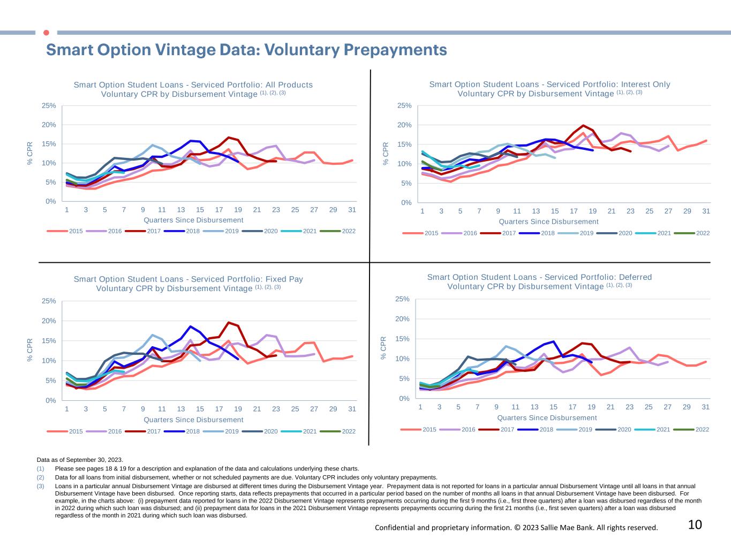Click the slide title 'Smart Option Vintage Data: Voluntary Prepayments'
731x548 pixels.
(x=246, y=50)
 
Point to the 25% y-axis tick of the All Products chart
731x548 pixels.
(x=49, y=105)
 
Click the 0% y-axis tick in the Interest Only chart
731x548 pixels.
(x=406, y=202)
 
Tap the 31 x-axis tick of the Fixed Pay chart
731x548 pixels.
(x=352, y=409)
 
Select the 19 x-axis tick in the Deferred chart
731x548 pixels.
(x=591, y=407)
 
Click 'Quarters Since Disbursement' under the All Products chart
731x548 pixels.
(x=193, y=220)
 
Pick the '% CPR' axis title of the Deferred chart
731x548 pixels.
(x=383, y=348)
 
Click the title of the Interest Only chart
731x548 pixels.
(x=549, y=89)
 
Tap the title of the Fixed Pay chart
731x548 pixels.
(x=188, y=284)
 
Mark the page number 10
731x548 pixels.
(x=695, y=525)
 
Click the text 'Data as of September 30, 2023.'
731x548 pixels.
(x=80, y=460)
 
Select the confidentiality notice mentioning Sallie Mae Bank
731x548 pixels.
(x=516, y=528)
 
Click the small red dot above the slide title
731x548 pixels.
(x=46, y=33)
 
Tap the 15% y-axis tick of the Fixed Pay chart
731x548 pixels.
(x=49, y=341)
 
